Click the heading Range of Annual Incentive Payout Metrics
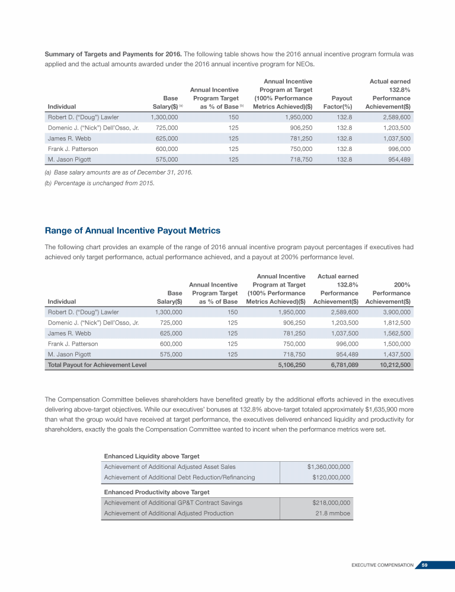point(133,230)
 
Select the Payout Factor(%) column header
point(338,102)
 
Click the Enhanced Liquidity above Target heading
point(152,456)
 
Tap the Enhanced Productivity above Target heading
point(156,492)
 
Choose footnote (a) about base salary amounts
point(118,172)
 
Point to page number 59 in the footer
point(424,565)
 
